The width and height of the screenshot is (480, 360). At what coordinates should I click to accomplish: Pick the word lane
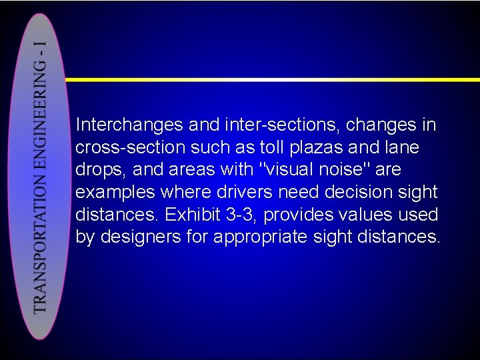(401, 147)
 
